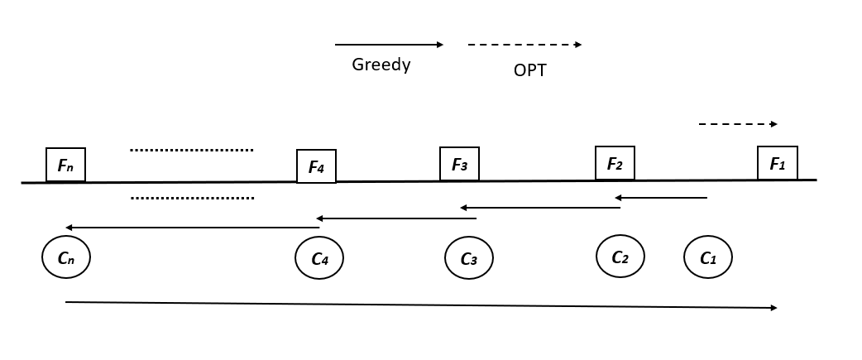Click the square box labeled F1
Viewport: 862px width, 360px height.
[777, 163]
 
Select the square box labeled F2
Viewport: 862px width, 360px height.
[615, 163]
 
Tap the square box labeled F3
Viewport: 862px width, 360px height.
[459, 164]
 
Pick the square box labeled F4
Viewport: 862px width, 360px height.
[316, 166]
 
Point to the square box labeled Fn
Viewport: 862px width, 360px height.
[65, 165]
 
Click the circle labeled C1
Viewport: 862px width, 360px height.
[707, 257]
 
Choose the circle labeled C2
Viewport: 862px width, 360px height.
[620, 256]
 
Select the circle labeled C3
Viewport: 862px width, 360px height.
[468, 258]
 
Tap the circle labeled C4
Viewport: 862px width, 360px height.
[319, 258]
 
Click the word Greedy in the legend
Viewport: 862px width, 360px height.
[381, 65]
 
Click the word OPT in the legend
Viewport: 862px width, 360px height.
[529, 70]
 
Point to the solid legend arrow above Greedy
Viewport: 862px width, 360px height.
[389, 45]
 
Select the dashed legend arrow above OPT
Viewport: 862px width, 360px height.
[524, 45]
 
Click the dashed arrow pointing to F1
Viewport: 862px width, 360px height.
[738, 124]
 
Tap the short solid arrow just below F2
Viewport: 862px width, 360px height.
[660, 198]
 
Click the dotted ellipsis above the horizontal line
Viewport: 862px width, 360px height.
[191, 150]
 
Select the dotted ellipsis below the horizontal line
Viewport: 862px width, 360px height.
[192, 198]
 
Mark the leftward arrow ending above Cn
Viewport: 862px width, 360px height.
[192, 227]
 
